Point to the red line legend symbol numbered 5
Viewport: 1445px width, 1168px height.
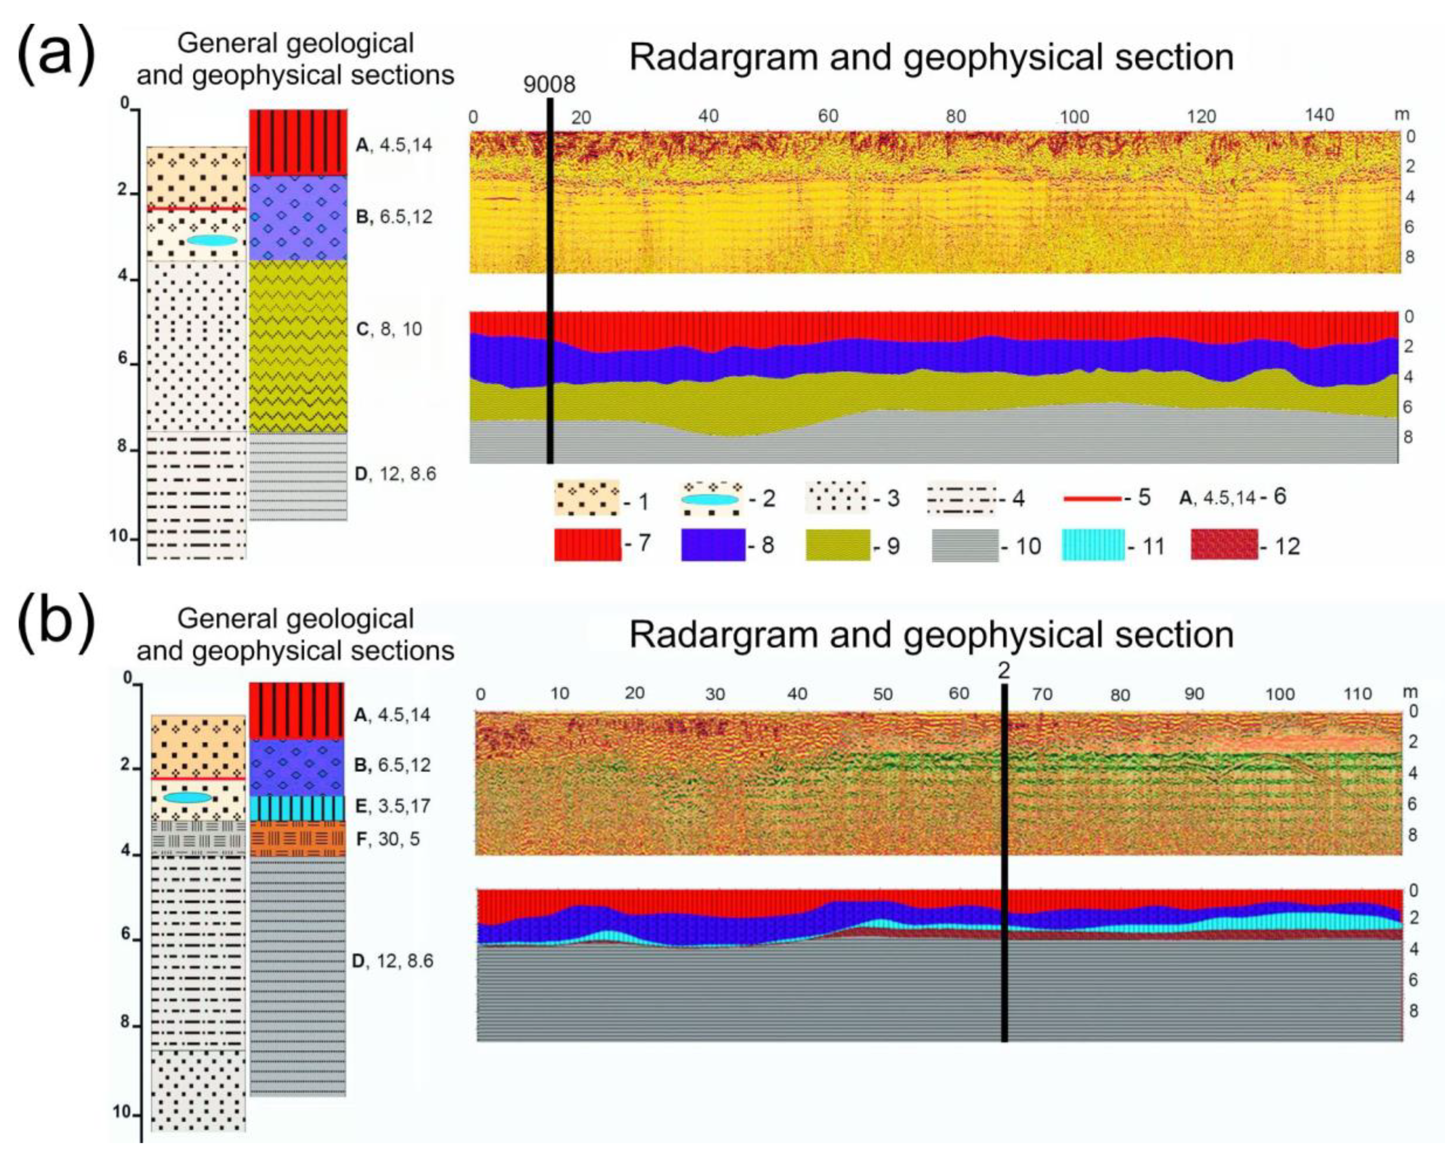tap(1092, 498)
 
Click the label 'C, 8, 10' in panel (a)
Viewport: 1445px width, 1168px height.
tap(389, 329)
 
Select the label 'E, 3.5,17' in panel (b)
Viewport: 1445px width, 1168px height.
tap(392, 805)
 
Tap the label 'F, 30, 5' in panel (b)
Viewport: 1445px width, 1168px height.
tap(387, 839)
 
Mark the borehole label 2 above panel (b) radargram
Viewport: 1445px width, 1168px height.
tap(1004, 671)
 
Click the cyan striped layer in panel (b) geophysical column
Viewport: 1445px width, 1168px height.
tap(297, 807)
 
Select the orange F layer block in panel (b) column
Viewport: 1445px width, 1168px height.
tap(297, 839)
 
